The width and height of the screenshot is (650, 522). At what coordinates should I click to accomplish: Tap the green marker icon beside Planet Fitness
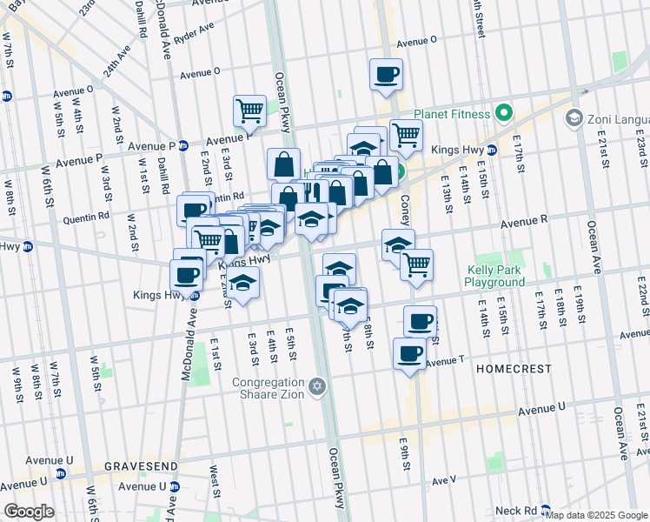pyautogui.click(x=502, y=113)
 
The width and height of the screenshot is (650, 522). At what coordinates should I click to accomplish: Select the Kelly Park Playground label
pyautogui.click(x=494, y=277)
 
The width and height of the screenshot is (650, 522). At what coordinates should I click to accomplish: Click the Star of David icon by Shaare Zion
pyautogui.click(x=317, y=385)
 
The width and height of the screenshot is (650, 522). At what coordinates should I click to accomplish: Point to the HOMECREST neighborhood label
pyautogui.click(x=514, y=369)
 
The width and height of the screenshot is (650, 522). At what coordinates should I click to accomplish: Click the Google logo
pyautogui.click(x=30, y=512)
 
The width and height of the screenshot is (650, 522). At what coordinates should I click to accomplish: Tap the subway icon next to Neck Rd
pyautogui.click(x=545, y=510)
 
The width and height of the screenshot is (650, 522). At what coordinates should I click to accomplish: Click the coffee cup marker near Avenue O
pyautogui.click(x=386, y=75)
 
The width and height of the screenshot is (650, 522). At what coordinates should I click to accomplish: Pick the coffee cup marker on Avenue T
pyautogui.click(x=409, y=353)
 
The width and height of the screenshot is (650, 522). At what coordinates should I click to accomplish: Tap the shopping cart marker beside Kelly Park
pyautogui.click(x=417, y=264)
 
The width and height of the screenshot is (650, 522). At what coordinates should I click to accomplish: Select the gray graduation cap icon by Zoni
pyautogui.click(x=574, y=117)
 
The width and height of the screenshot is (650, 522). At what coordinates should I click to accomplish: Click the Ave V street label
pyautogui.click(x=442, y=479)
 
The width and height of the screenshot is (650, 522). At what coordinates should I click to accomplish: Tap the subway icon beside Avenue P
pyautogui.click(x=183, y=145)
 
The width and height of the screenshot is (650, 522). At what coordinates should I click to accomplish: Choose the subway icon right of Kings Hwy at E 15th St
pyautogui.click(x=492, y=150)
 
